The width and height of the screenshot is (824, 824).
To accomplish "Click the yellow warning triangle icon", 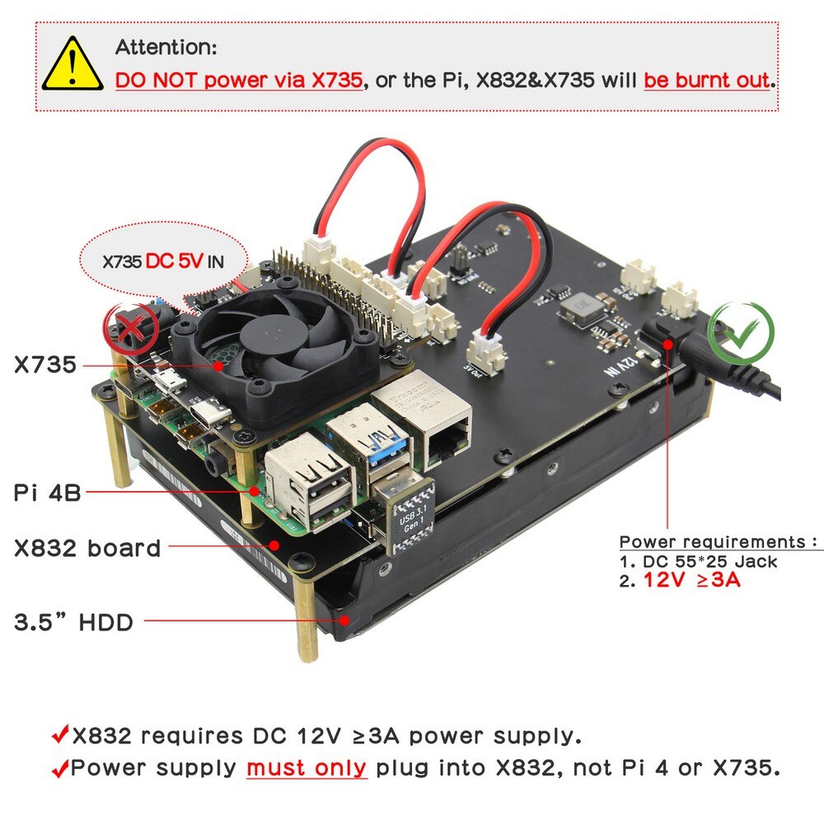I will pos(73,65).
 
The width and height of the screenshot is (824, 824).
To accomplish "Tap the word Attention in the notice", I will pos(166,48).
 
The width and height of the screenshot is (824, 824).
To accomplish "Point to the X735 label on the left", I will pos(45,364).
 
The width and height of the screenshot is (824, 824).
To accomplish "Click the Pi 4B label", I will pos(48,493).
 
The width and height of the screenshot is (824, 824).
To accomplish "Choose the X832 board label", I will pos(87,548).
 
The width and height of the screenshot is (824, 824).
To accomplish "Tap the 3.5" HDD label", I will pos(74,622).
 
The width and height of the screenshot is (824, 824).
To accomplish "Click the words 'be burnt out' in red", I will pos(707,80).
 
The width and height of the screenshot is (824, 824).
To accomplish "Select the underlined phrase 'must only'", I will pos(307,768).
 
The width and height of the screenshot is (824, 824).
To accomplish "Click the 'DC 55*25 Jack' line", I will pos(698,561).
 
